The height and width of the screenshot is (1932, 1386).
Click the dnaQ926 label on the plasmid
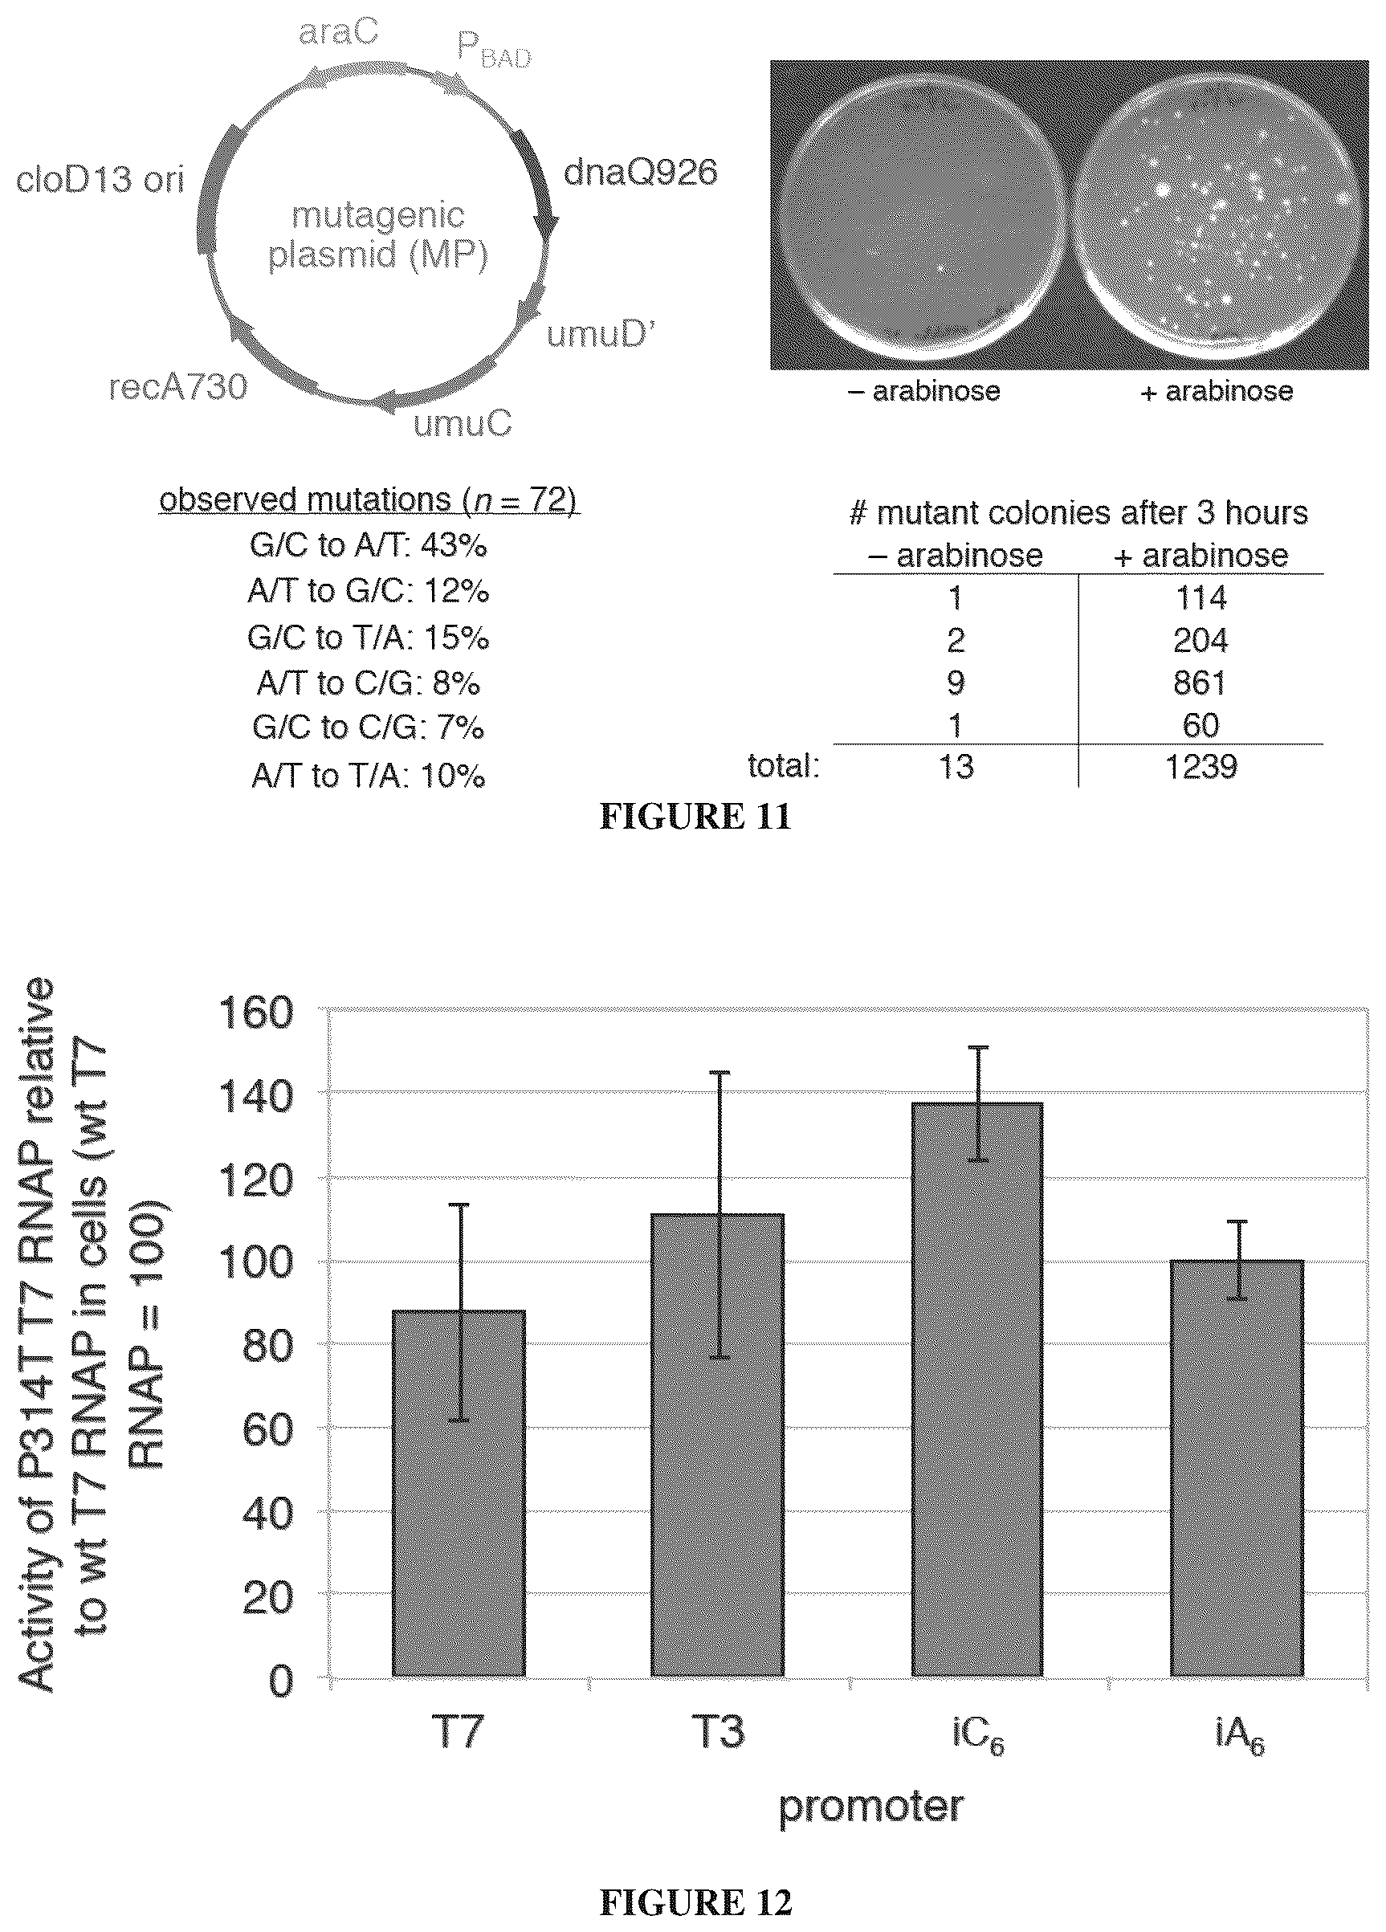641,173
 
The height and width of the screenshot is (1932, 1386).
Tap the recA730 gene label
178,387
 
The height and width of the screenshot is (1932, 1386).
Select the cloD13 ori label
100,180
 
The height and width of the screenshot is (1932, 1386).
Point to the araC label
338,32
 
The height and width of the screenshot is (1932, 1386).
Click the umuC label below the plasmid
463,423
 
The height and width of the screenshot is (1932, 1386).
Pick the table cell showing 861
1201,683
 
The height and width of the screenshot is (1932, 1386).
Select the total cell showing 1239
1201,767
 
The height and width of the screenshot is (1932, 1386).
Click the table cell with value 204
1201,640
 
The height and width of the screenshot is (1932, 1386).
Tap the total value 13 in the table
956,767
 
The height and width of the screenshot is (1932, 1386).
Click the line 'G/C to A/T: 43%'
368,545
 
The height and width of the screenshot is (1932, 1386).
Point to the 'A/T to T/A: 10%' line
368,775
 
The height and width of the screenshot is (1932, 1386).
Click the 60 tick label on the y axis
267,1430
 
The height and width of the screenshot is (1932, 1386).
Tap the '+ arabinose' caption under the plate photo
1217,392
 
